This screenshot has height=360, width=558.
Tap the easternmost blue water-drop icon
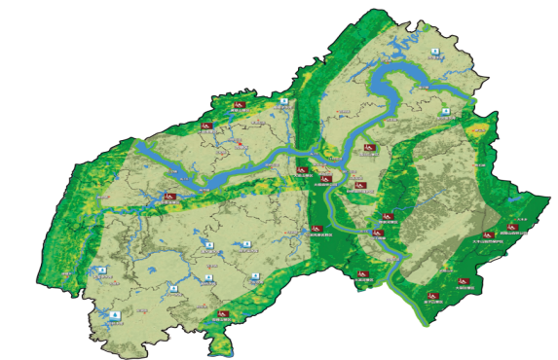tap(445, 113)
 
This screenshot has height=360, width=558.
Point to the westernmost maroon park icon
tap(170, 198)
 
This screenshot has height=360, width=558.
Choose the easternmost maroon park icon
tap(509, 231)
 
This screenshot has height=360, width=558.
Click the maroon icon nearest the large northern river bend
tap(368, 148)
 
